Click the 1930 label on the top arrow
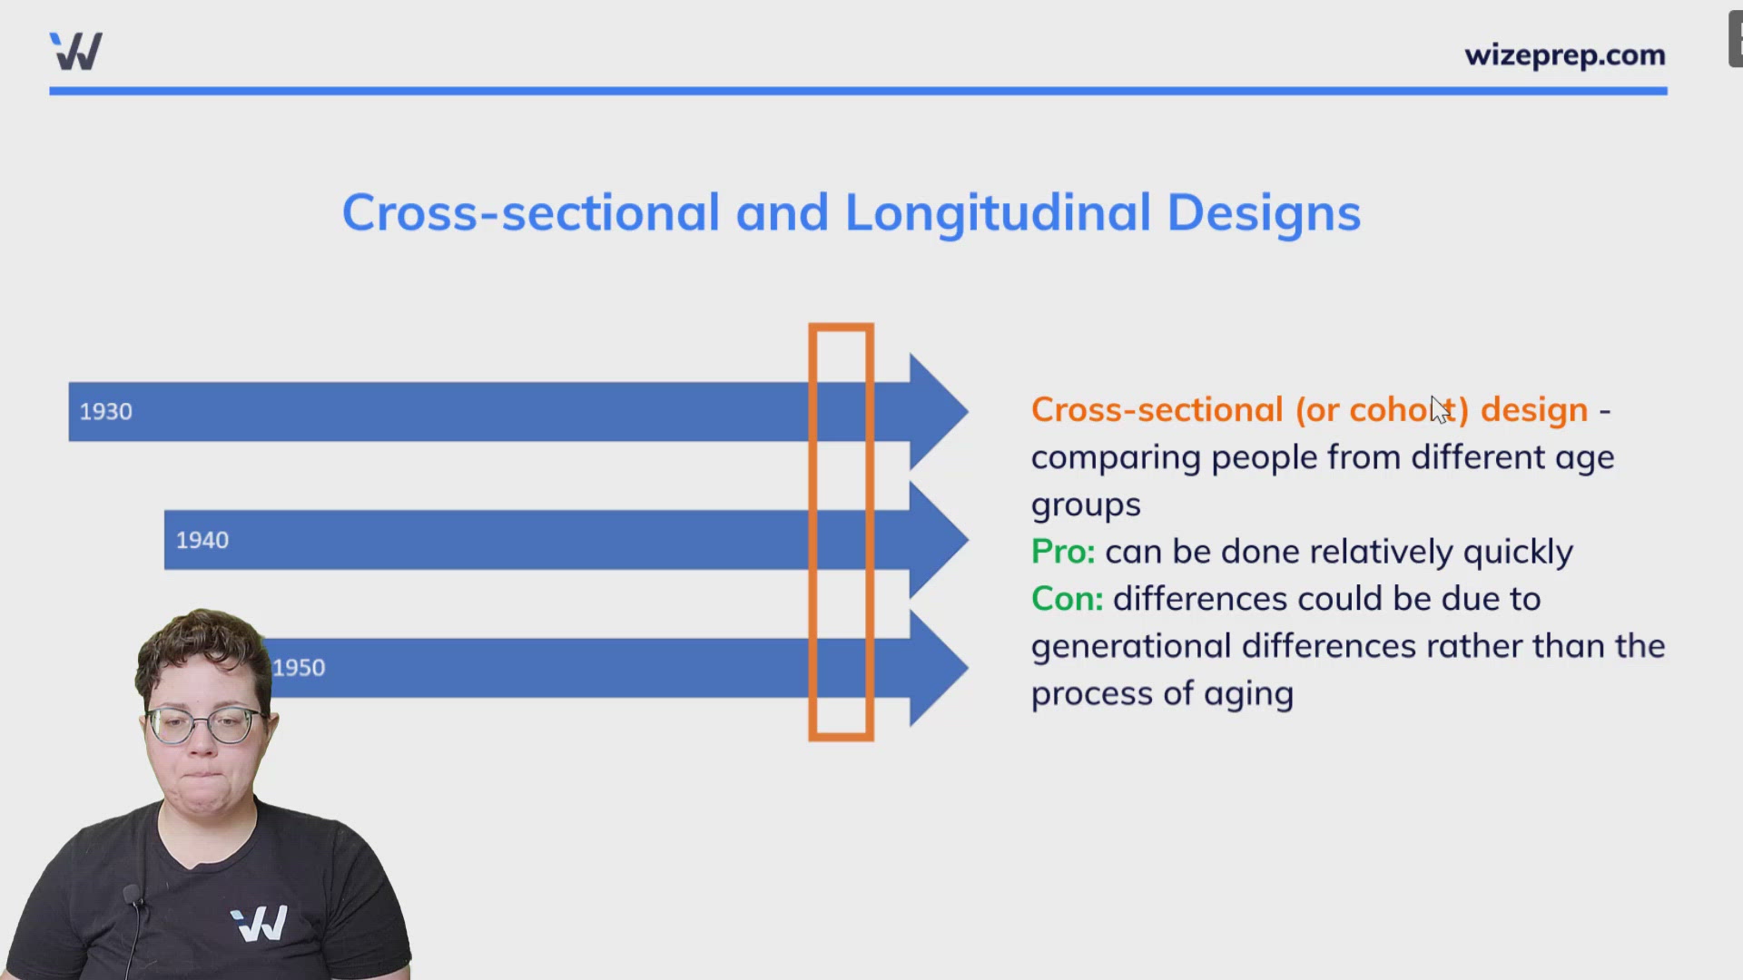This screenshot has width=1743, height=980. tap(105, 412)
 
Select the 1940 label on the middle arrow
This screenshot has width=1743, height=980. tap(202, 541)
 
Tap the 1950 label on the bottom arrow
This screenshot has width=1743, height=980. tap(299, 668)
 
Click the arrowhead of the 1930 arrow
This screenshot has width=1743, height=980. tap(939, 411)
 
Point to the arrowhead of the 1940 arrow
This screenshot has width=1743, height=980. tap(939, 540)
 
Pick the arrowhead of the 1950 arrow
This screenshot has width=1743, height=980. tap(939, 668)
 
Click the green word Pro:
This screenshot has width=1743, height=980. tap(1063, 552)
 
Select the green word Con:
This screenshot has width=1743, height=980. tap(1067, 599)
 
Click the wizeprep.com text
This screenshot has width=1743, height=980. tap(1564, 56)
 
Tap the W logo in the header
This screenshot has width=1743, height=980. tap(76, 51)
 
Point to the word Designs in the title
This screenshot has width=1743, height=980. tap(1264, 214)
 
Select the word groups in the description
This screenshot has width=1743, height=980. tap(1086, 505)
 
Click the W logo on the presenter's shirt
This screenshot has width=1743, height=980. tap(260, 923)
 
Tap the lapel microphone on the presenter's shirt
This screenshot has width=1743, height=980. tap(133, 895)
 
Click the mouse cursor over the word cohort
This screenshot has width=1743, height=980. tap(1440, 410)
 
